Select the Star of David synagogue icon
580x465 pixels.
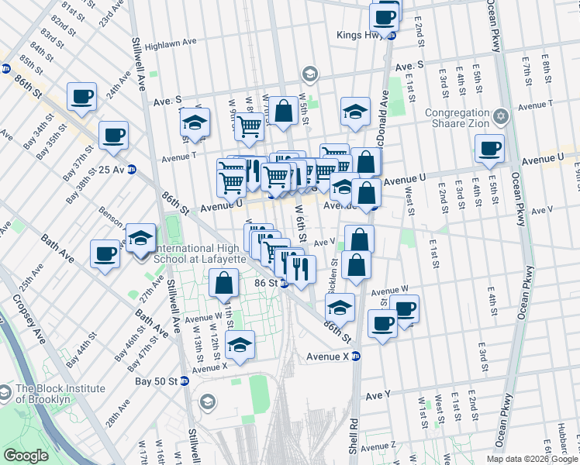[501, 116]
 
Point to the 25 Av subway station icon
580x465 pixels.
[132, 170]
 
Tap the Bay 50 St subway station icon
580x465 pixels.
[184, 381]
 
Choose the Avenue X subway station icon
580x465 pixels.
[356, 356]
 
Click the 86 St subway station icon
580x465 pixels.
[285, 284]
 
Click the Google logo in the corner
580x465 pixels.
[26, 456]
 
